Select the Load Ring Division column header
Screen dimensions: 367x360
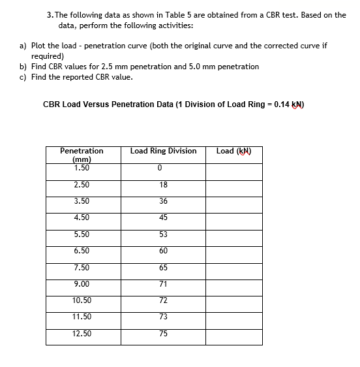coord(163,151)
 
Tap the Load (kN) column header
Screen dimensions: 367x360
coord(234,151)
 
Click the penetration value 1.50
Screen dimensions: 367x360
coord(82,168)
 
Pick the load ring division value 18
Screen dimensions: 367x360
coord(163,185)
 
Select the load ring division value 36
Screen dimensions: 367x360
coord(163,201)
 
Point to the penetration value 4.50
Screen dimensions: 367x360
coord(82,217)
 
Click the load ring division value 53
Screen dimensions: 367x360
coord(163,234)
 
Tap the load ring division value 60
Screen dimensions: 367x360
coord(163,251)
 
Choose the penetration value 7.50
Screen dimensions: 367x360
coord(82,267)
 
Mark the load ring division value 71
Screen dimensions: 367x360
coord(163,283)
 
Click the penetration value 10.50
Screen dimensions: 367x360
coord(82,300)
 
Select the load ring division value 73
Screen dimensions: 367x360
coord(163,317)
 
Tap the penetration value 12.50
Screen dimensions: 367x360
coord(82,333)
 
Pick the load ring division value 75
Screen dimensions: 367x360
coord(163,334)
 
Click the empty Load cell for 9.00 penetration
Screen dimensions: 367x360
coord(234,284)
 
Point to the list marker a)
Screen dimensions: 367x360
coord(23,46)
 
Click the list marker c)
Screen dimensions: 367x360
coord(23,77)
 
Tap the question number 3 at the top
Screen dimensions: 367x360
coord(50,15)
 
